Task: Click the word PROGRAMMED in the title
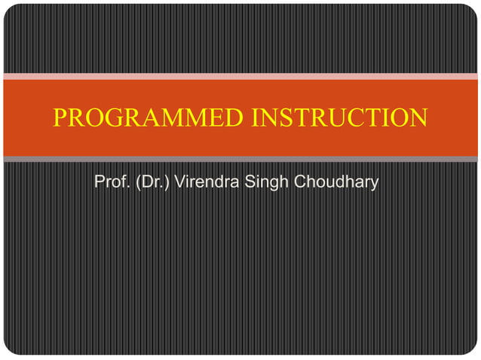149,118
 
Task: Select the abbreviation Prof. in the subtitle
111,182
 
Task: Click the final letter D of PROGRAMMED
235,118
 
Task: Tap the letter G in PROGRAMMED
115,118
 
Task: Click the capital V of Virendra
179,182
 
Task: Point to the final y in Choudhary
373,185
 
